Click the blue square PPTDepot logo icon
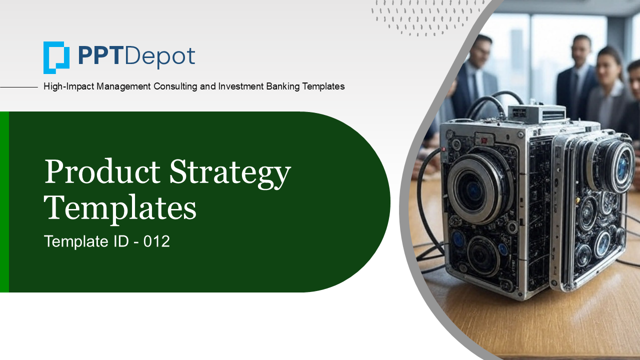coord(56,57)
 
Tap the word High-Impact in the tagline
coord(68,86)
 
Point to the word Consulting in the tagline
coord(175,86)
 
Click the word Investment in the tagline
coord(241,86)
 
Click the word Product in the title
coord(102,171)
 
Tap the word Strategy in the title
coord(230,173)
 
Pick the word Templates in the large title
coord(120,209)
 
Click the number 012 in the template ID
coord(156,241)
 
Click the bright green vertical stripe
coord(4,201)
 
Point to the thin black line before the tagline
coord(19,87)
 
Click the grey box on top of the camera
coord(536,113)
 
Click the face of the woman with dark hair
coord(608,70)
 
